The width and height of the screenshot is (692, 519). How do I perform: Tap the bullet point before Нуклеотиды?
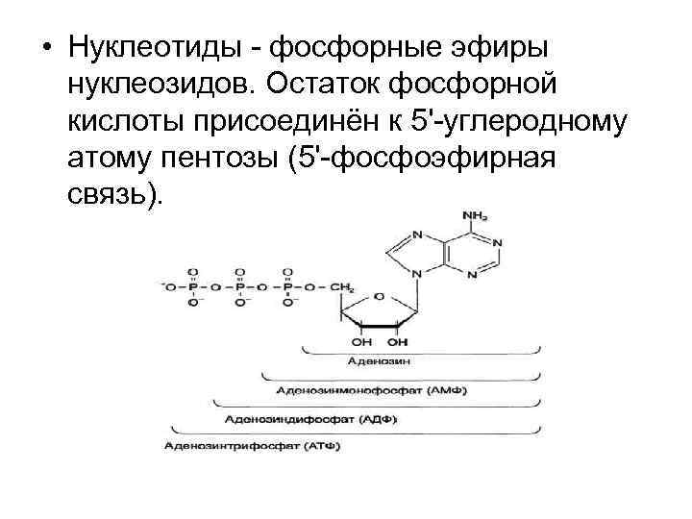pyautogui.click(x=45, y=48)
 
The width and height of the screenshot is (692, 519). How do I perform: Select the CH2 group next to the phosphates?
pyautogui.click(x=342, y=286)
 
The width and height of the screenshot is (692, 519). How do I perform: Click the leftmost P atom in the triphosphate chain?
pyautogui.click(x=193, y=286)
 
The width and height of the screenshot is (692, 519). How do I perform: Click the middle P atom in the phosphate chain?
pyautogui.click(x=240, y=286)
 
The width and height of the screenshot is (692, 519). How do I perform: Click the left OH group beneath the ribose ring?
pyautogui.click(x=361, y=340)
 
